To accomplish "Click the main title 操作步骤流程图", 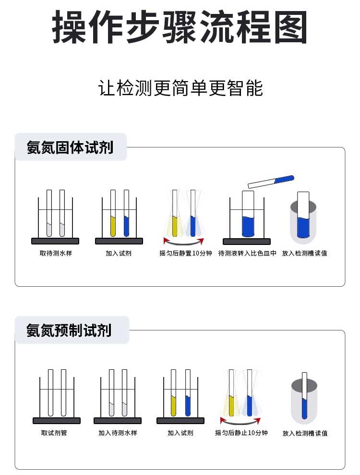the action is click(180, 27).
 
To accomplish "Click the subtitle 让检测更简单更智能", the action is click(180, 88).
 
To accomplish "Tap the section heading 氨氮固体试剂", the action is click(70, 147).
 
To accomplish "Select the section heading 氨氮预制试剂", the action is click(69, 330).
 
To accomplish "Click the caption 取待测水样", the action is click(56, 253).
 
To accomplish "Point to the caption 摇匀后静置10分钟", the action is click(186, 253).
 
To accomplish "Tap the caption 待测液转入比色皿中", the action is click(247, 253).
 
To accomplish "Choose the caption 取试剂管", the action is click(54, 433).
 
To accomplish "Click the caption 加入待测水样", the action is click(118, 433).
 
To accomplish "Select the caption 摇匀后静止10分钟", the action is click(241, 433).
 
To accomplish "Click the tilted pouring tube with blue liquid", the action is click(271, 182).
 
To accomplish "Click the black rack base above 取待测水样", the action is click(55, 241).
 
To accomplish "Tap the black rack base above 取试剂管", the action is click(57, 421).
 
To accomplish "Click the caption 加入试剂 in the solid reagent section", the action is click(119, 253).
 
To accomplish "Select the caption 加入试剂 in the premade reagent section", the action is click(180, 433).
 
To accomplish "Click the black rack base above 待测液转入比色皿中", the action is click(247, 242).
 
